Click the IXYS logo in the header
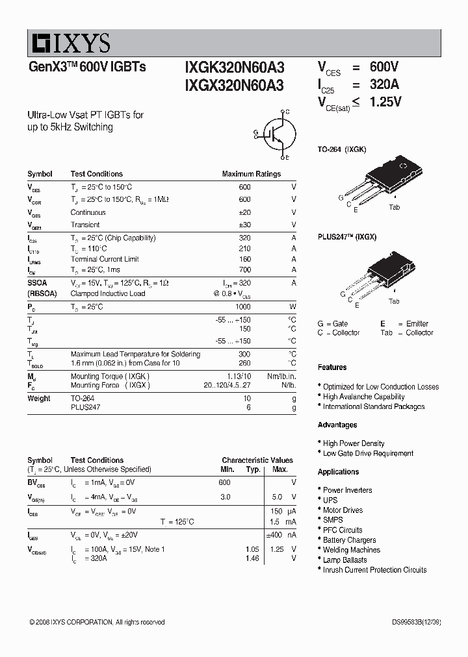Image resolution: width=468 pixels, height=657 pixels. click(x=69, y=43)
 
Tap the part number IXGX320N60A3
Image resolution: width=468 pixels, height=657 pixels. click(x=234, y=85)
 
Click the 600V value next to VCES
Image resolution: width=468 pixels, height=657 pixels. click(x=383, y=68)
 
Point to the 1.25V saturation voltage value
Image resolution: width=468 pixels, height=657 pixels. click(x=385, y=102)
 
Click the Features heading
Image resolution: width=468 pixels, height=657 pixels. click(x=332, y=367)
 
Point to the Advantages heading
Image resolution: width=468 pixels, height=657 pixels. click(x=337, y=425)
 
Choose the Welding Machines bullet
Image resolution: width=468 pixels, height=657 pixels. click(x=351, y=550)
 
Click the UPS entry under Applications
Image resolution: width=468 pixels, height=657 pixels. click(x=330, y=500)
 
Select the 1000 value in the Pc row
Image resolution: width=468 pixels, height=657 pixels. click(x=242, y=306)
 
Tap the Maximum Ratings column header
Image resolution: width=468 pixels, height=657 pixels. click(x=251, y=174)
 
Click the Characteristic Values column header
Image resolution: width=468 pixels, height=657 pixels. click(x=257, y=460)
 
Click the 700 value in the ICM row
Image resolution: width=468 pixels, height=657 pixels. click(x=244, y=269)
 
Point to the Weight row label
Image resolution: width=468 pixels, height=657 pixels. click(x=38, y=398)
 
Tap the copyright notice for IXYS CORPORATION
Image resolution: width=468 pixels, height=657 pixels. click(x=97, y=622)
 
